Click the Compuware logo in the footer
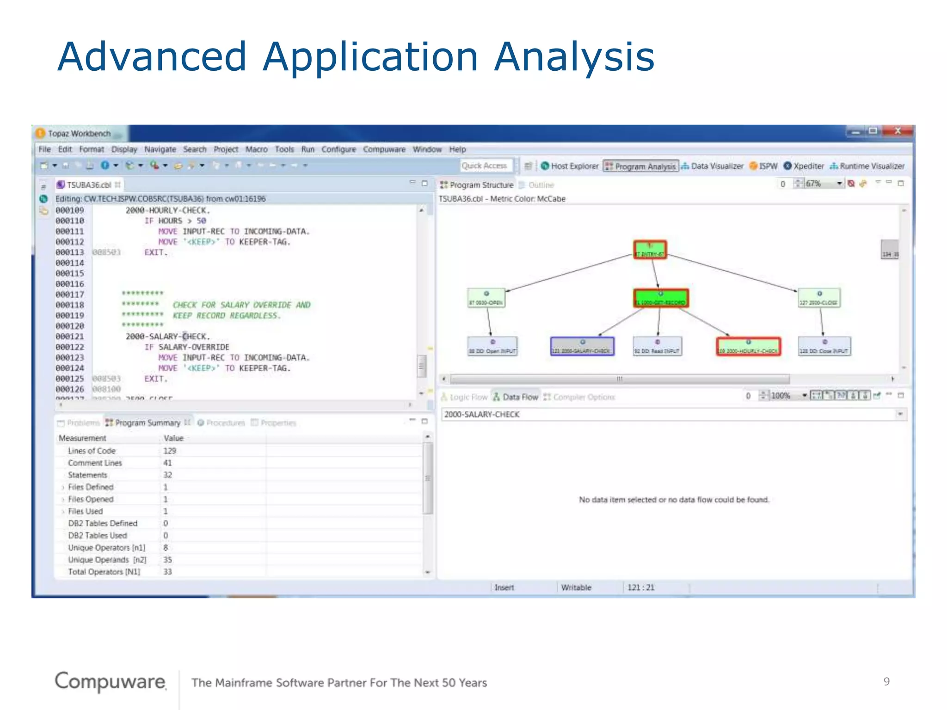point(110,681)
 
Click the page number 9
point(886,681)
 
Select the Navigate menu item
point(160,149)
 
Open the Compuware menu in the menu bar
point(384,149)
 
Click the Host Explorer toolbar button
point(570,166)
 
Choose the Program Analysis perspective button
point(641,166)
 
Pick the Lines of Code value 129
point(169,451)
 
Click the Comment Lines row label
point(95,463)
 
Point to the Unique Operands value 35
point(167,560)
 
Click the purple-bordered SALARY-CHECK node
point(582,346)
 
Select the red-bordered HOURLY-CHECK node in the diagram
point(748,346)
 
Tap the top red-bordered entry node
point(650,250)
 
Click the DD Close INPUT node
point(824,346)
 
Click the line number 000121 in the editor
point(70,337)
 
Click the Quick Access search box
point(486,165)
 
